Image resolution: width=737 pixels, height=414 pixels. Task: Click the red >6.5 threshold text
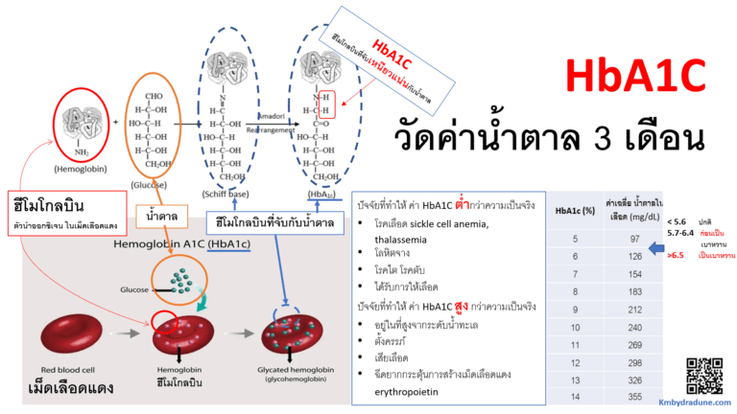[676, 255]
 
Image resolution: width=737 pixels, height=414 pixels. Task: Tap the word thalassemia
[400, 239]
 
